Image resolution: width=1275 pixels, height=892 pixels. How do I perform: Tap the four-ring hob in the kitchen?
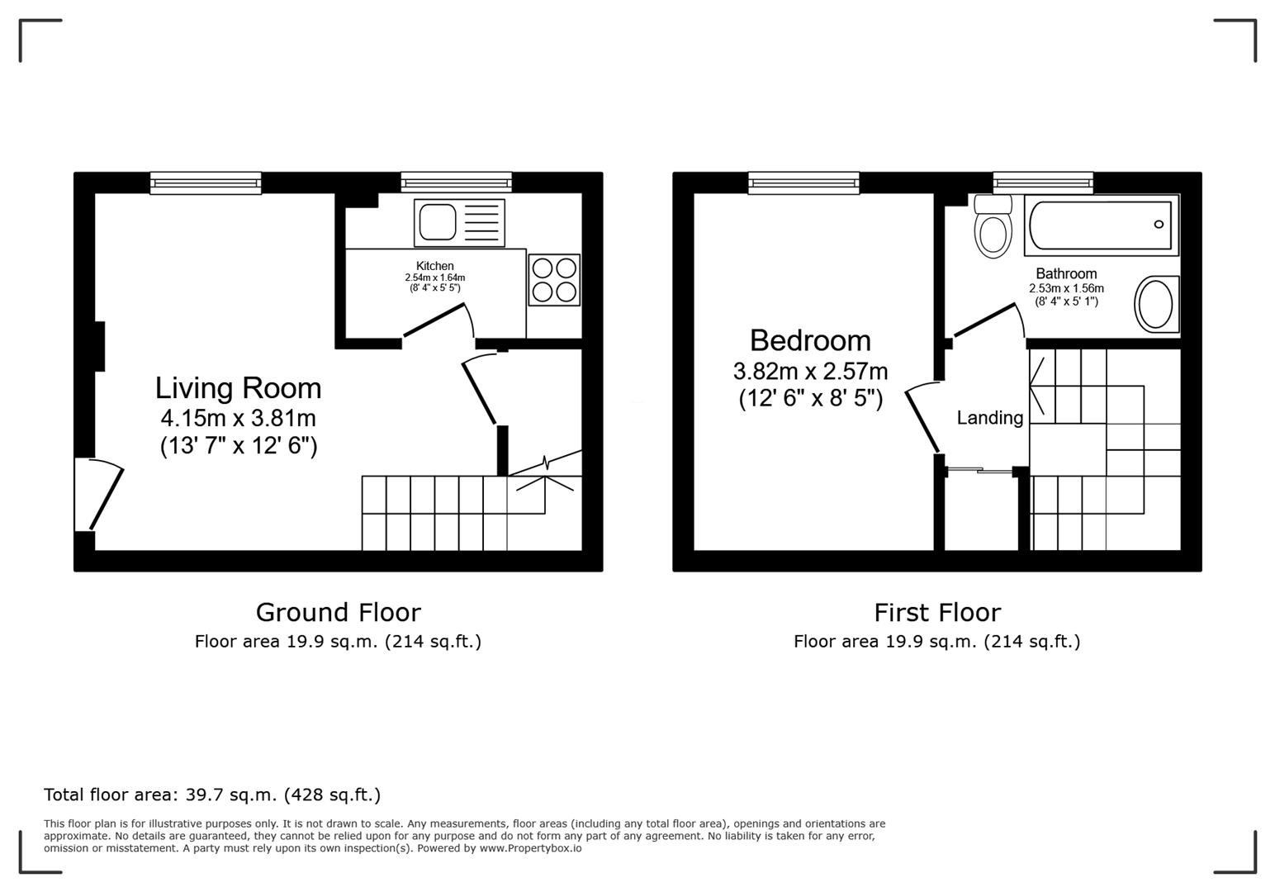pos(554,280)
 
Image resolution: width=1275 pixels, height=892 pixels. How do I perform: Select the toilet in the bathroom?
pos(993,227)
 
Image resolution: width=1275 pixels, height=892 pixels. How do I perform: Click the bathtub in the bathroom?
pos(1099,225)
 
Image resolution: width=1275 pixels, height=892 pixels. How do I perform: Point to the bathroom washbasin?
pos(1156,304)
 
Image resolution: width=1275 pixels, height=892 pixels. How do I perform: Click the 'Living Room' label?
pos(238,388)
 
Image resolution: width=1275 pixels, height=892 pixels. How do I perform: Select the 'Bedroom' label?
pos(809,340)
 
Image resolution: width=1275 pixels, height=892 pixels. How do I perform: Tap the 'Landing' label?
pos(989,418)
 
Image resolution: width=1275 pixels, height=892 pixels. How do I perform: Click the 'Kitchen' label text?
pos(434,266)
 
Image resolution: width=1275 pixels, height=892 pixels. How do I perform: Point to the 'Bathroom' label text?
pos(1066,273)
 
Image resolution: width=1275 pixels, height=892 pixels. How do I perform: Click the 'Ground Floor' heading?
pos(338,612)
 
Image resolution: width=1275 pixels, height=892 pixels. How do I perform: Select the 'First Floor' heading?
pos(936,612)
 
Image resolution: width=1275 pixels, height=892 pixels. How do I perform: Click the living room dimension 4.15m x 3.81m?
pos(238,418)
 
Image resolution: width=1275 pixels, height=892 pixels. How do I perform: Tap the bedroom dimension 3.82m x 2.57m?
pos(809,371)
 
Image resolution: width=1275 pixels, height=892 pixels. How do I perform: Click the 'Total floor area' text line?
pos(212,795)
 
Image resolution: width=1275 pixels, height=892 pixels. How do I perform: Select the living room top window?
pos(206,183)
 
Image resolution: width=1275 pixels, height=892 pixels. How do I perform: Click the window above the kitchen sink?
pos(456,183)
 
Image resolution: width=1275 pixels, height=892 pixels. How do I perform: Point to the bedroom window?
pos(803,183)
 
